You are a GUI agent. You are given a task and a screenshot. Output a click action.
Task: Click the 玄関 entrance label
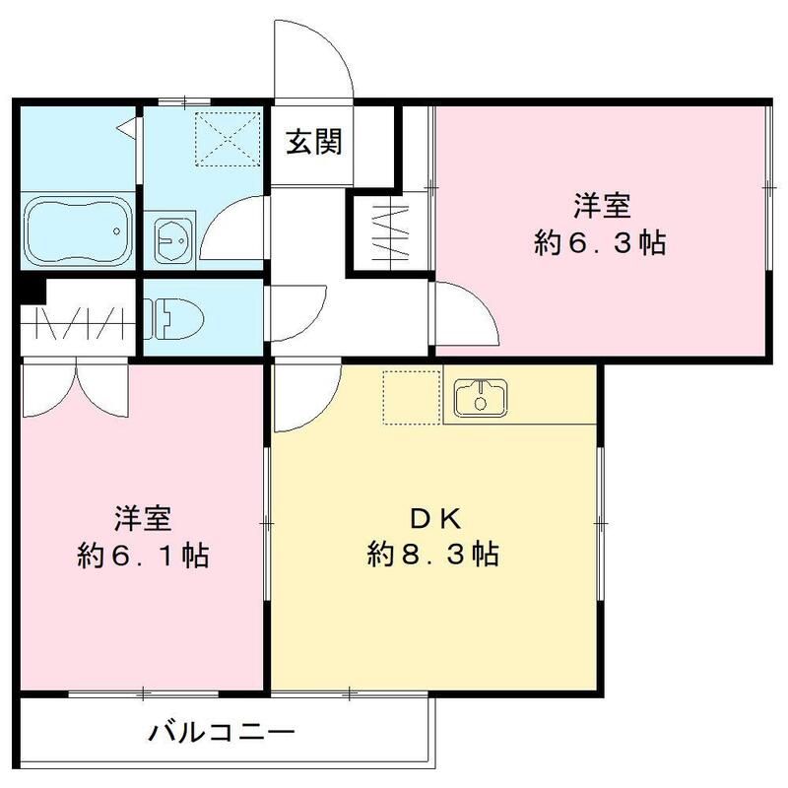tap(315, 144)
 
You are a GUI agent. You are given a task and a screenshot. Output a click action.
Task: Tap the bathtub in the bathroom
tap(77, 232)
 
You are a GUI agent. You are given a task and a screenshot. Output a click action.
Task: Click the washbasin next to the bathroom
tap(174, 237)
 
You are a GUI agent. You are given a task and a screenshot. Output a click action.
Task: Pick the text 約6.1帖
tap(143, 555)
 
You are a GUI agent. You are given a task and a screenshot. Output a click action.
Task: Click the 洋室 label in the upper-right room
tap(602, 207)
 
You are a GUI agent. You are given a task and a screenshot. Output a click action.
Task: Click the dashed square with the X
tap(222, 137)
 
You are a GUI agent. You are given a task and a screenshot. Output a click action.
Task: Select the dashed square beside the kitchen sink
tap(412, 397)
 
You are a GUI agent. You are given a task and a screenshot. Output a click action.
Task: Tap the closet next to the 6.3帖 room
tap(389, 232)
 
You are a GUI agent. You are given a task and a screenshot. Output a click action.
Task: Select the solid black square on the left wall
tap(33, 293)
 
